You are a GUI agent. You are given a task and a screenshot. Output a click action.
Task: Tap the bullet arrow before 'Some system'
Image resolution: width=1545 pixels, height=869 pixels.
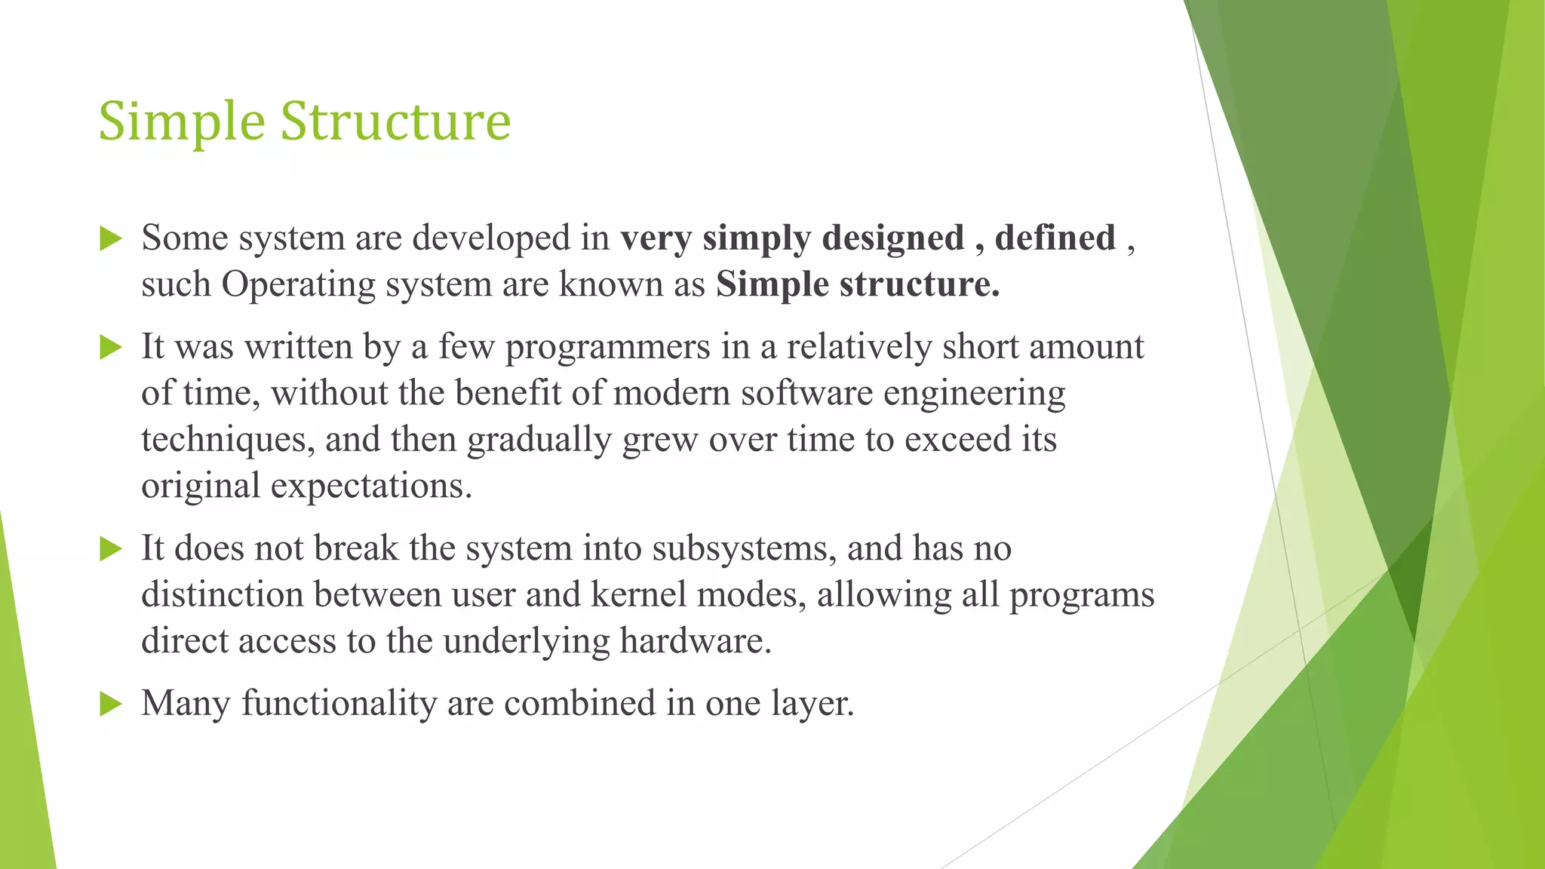point(110,239)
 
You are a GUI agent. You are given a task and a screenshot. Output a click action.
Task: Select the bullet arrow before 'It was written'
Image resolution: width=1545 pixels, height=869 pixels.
point(110,348)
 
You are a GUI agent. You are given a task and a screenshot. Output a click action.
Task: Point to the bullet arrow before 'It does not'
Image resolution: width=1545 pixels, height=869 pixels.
point(110,549)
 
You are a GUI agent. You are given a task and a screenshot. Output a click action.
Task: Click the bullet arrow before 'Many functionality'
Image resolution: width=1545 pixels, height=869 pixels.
point(110,705)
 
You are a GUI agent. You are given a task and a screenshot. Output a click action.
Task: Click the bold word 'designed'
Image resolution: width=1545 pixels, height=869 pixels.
point(893,239)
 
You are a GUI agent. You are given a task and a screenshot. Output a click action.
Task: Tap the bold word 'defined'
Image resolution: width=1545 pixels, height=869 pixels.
point(1055,238)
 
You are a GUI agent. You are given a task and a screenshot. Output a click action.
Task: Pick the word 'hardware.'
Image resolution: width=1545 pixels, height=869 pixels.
point(696,641)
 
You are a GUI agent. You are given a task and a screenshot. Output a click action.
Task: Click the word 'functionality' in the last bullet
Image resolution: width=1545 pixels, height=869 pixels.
point(339,704)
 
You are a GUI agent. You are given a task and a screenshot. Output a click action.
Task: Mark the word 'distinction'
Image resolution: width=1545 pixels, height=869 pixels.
point(223,595)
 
